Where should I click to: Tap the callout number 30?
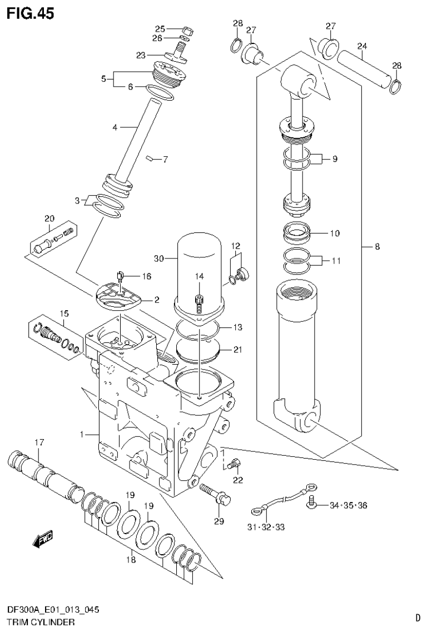click(159, 258)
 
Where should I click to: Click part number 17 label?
click(38, 442)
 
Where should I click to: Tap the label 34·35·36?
click(348, 505)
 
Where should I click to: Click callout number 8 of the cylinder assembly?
click(377, 247)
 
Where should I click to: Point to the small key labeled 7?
click(149, 159)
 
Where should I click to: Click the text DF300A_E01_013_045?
click(53, 610)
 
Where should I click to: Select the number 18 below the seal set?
click(130, 560)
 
